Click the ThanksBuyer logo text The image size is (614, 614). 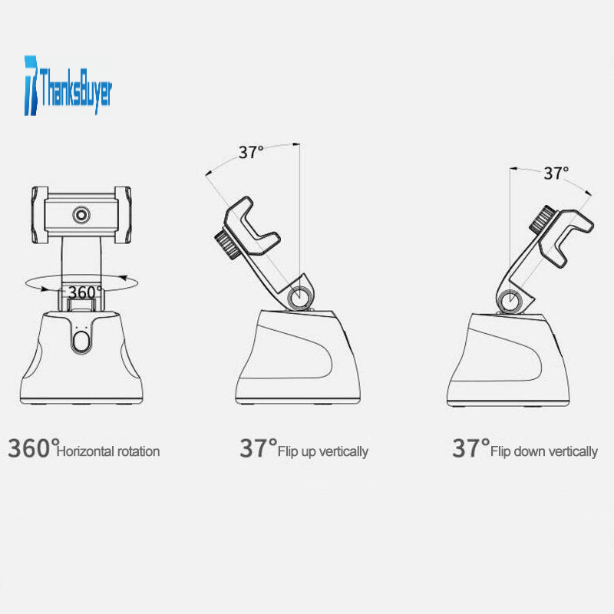76,90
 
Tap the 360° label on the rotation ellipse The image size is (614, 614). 84,292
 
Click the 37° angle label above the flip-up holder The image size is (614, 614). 251,152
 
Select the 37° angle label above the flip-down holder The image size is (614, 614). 556,173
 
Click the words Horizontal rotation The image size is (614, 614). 108,451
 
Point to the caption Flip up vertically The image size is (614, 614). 323,452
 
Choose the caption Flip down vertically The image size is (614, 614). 544,452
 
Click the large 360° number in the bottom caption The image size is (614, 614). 34,448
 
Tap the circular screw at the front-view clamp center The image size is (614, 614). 81,215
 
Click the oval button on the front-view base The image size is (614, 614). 81,342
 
